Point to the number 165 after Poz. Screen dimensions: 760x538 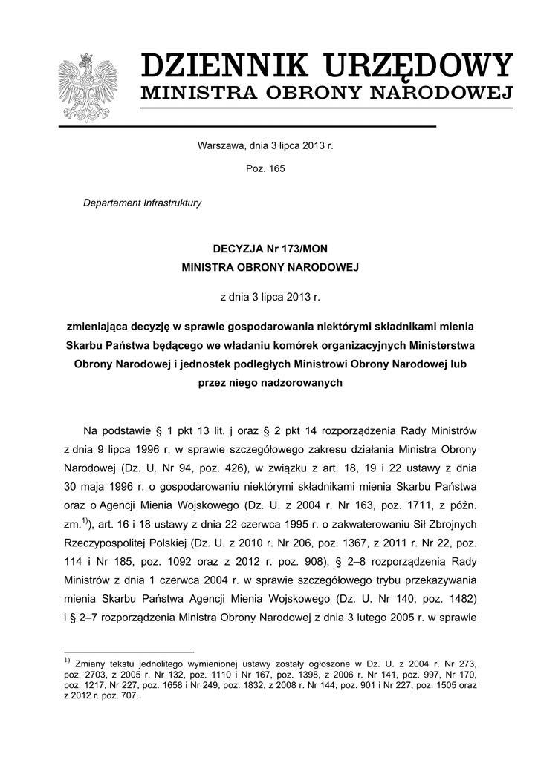276,168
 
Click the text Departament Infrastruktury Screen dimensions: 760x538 142,203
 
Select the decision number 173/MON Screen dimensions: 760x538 296,250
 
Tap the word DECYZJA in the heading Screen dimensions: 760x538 235,250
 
